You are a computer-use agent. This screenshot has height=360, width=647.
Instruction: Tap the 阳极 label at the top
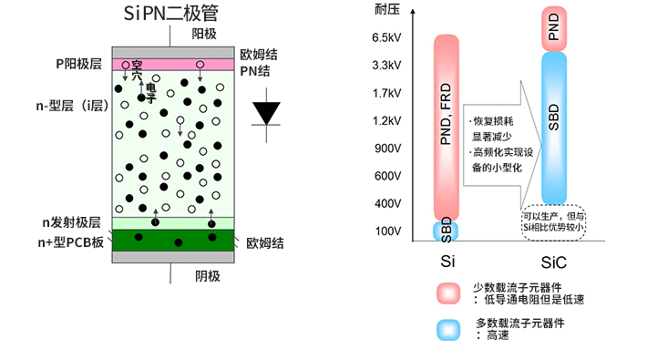tap(204, 34)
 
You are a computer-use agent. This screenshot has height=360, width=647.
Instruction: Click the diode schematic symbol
tap(267, 111)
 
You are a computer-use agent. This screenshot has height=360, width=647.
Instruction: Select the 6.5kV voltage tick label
tap(386, 38)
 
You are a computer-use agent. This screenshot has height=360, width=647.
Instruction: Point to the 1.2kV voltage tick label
tap(386, 120)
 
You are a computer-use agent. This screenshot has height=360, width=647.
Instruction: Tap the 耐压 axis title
tap(385, 10)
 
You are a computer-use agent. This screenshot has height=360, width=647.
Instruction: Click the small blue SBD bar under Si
tap(447, 230)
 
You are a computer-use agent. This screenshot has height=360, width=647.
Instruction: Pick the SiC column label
tap(553, 262)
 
